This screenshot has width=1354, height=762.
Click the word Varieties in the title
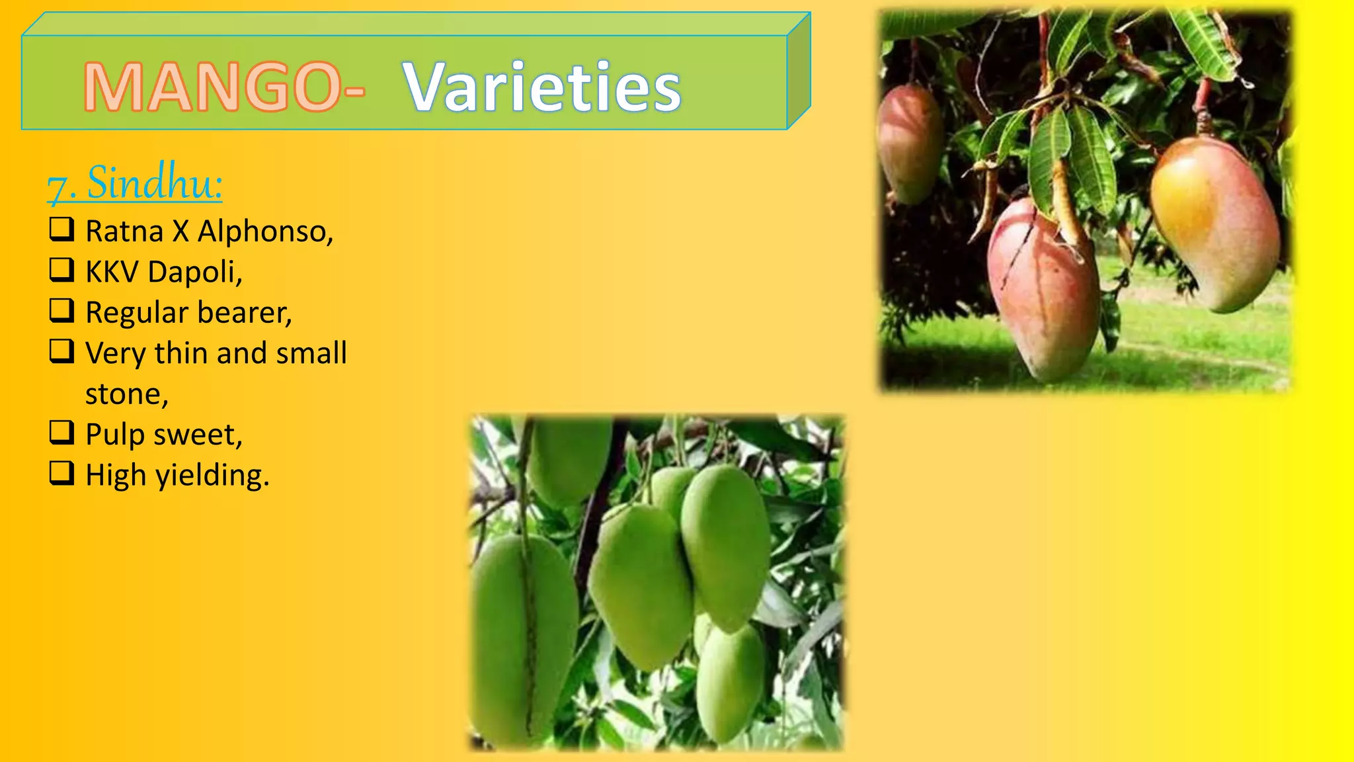click(x=541, y=87)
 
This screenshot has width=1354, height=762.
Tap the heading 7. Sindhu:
click(x=135, y=183)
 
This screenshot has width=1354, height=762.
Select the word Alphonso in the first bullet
click(x=264, y=232)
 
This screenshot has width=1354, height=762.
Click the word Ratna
click(x=124, y=232)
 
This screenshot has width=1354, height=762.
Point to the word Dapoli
click(x=195, y=272)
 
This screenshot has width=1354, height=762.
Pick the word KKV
click(x=111, y=272)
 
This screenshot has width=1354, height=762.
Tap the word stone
click(x=126, y=394)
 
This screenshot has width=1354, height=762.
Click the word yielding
click(x=212, y=476)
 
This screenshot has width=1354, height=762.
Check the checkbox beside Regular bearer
click(x=61, y=310)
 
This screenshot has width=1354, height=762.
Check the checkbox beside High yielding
click(x=61, y=473)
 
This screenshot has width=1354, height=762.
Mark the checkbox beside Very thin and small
click(x=61, y=351)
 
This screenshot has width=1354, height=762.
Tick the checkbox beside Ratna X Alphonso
click(x=61, y=229)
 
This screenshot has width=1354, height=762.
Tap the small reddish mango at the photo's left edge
click(x=909, y=142)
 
